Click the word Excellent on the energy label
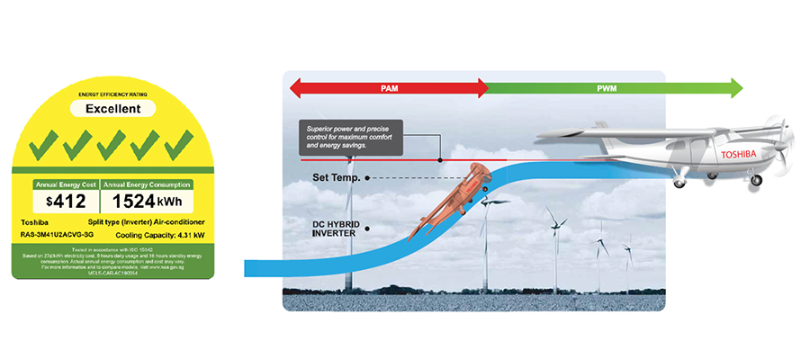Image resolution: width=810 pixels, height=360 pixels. click(x=112, y=109)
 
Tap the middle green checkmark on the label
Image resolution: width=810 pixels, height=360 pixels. click(x=112, y=143)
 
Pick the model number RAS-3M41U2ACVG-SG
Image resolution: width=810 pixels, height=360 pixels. click(x=58, y=232)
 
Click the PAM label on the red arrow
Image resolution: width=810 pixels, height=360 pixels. click(x=388, y=88)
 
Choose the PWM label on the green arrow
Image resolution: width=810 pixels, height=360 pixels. click(x=607, y=88)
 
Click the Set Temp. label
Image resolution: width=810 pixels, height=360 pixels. click(x=336, y=178)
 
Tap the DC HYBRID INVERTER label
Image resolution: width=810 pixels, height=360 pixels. click(x=335, y=226)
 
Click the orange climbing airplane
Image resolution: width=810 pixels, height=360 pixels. click(x=445, y=203)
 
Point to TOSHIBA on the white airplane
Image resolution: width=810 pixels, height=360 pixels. click(x=740, y=155)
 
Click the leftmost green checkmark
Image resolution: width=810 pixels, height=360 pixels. click(x=42, y=143)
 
